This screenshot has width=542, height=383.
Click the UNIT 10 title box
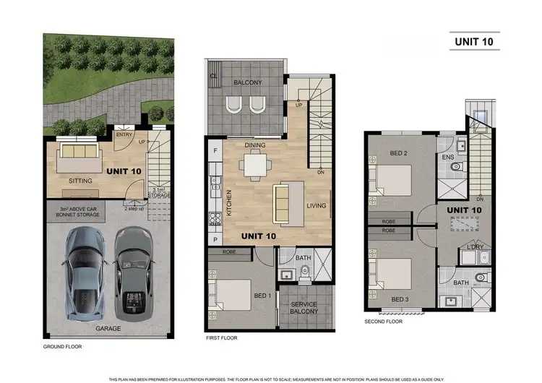click(x=474, y=41)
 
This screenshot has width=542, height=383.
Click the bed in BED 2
click(x=390, y=177)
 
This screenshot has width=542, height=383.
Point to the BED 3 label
click(x=400, y=298)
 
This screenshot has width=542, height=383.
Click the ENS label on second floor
click(x=447, y=157)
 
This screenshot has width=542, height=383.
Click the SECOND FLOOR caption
click(x=383, y=322)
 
